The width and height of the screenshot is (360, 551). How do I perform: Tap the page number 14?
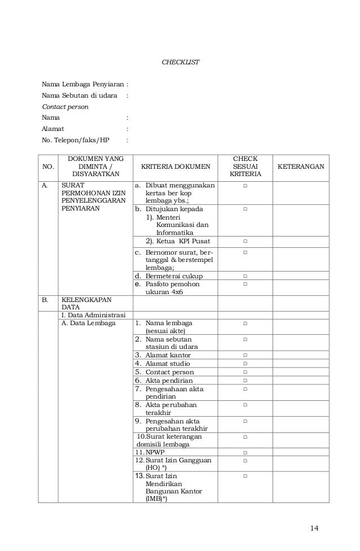pyautogui.click(x=314, y=528)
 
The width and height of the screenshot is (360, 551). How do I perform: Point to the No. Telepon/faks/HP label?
pyautogui.click(x=76, y=140)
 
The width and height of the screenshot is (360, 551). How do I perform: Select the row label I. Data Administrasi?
pyautogui.click(x=94, y=314)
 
